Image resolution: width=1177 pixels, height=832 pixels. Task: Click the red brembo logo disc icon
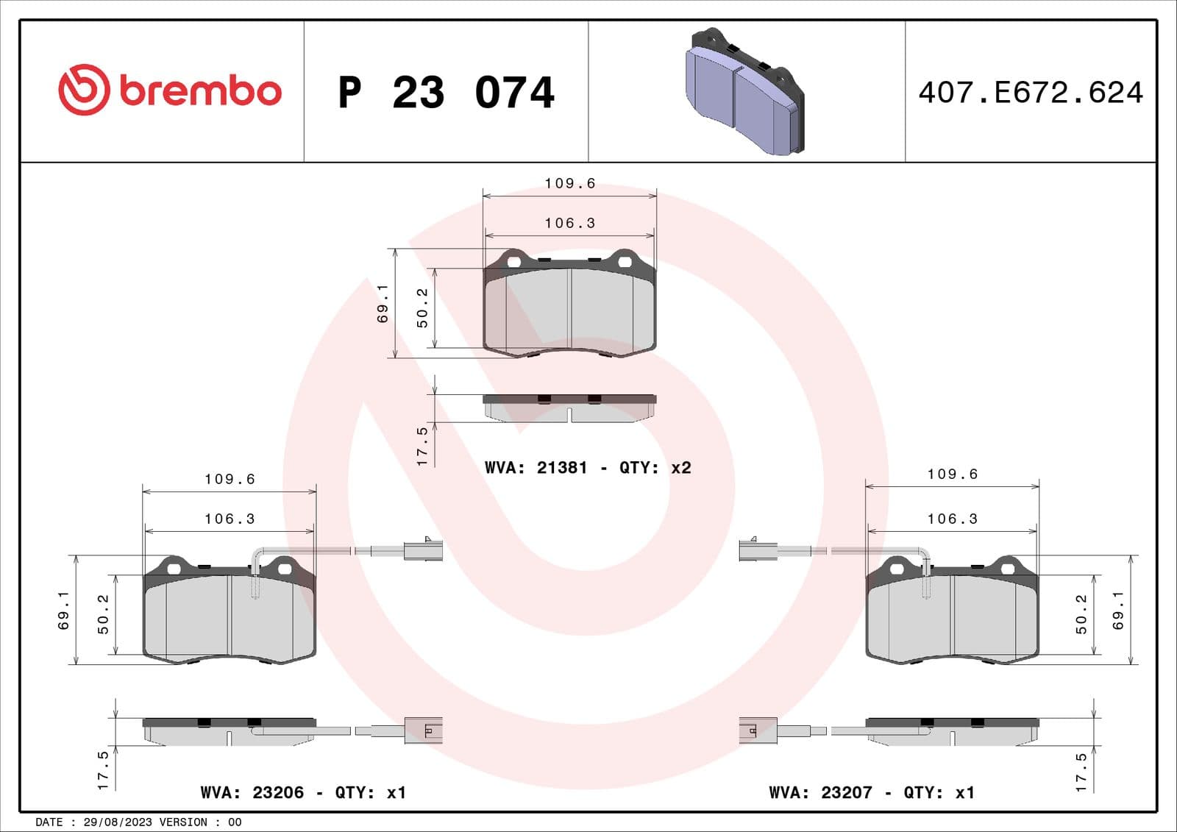click(x=84, y=90)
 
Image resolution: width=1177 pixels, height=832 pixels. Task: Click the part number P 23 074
click(x=446, y=93)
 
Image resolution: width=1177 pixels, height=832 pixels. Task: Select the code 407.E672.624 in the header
click(x=1031, y=93)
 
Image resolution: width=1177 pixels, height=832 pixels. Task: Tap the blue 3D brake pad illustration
click(x=744, y=92)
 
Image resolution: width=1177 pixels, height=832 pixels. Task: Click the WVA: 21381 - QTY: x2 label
click(x=588, y=468)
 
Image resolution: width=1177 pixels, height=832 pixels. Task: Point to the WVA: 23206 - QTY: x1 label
click(x=303, y=792)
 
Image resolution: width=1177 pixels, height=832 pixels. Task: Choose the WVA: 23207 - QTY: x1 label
click(x=872, y=792)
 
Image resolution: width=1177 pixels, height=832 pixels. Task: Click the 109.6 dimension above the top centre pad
click(x=569, y=183)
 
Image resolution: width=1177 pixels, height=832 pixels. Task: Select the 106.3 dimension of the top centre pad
click(x=569, y=223)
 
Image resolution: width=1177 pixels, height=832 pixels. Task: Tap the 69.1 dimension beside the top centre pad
click(x=383, y=304)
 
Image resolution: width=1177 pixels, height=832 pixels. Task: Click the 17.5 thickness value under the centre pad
click(x=422, y=446)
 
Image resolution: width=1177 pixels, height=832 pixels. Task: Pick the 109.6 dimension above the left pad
click(x=230, y=479)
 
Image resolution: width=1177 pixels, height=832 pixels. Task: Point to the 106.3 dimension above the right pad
click(x=952, y=519)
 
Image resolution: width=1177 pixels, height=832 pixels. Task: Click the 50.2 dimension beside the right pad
click(x=1081, y=614)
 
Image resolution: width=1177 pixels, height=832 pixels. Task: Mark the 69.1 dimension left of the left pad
click(x=64, y=610)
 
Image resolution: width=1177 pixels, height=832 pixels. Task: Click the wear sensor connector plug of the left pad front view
click(x=423, y=550)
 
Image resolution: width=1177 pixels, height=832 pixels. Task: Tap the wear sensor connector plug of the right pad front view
click(x=758, y=550)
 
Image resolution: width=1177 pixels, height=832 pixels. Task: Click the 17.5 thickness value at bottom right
click(x=1081, y=772)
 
